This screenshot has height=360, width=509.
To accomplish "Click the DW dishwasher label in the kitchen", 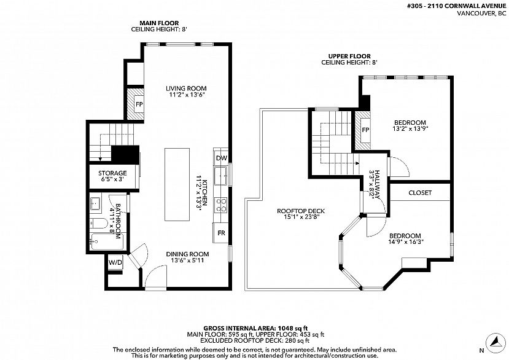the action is click(x=221, y=158).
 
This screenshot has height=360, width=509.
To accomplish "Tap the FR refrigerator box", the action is click(x=221, y=233).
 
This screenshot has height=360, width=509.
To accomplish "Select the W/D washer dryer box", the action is click(x=115, y=262).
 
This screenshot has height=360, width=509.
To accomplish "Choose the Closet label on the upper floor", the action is click(x=420, y=193).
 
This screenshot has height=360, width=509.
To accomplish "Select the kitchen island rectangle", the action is click(x=177, y=184).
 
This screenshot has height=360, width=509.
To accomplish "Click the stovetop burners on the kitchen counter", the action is click(x=221, y=205).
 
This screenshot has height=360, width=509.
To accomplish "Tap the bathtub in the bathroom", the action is click(x=107, y=241).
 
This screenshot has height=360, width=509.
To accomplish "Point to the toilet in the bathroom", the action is click(x=99, y=223).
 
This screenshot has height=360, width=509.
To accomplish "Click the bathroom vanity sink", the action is click(x=96, y=205).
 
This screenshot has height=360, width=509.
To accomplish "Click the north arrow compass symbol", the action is click(x=495, y=342).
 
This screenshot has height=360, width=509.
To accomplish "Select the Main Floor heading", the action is click(x=159, y=23).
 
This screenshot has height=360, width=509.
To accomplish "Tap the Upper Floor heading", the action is click(x=349, y=56).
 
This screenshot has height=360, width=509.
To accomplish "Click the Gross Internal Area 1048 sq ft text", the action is click(x=255, y=328).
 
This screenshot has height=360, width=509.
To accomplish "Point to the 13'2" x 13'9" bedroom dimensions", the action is click(x=410, y=128).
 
